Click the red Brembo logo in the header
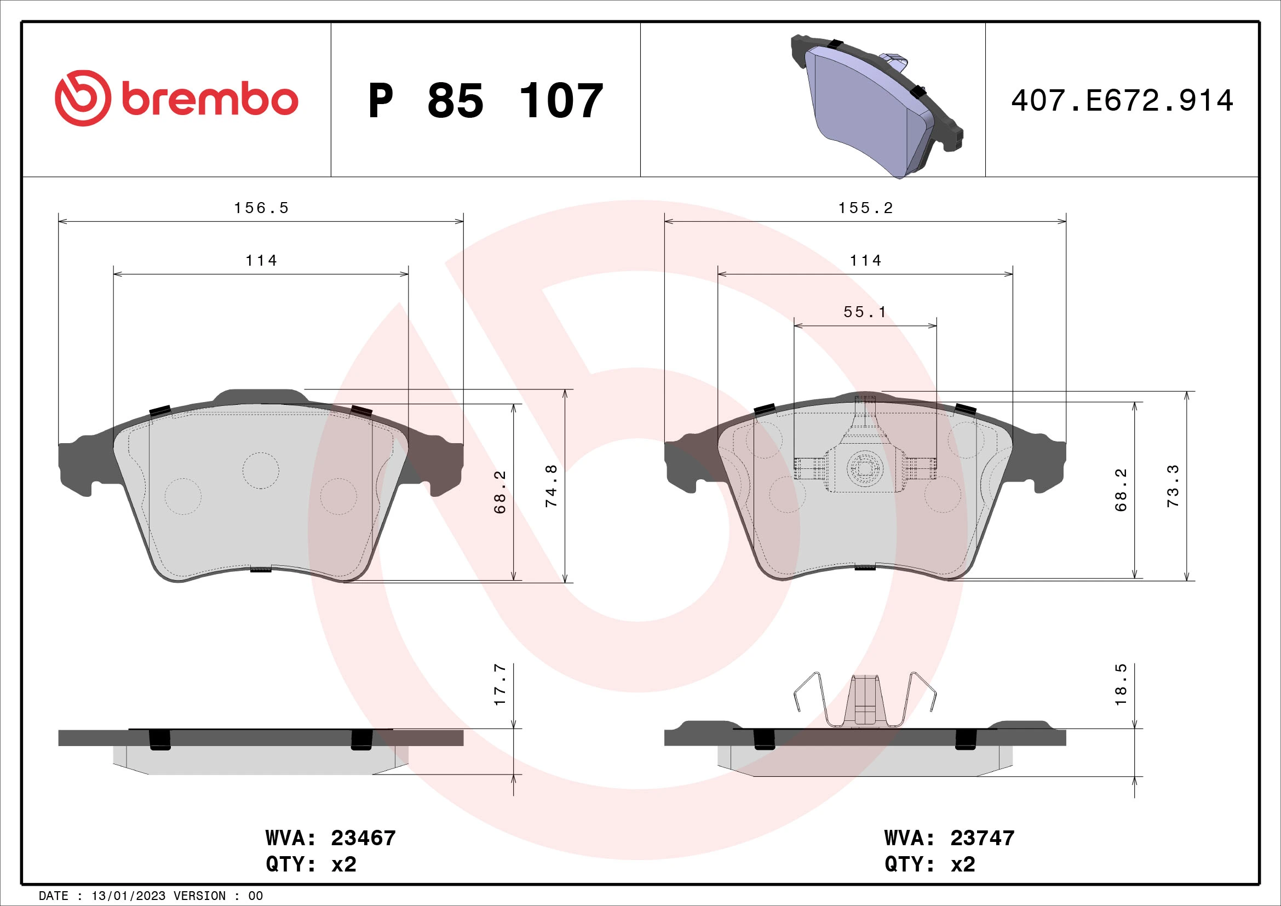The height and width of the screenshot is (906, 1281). click(x=176, y=99)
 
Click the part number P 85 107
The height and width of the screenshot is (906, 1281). click(x=485, y=101)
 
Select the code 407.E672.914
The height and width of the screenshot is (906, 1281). click(x=1122, y=101)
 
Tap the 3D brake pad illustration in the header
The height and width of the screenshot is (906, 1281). click(x=876, y=106)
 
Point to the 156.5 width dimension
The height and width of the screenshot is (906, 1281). click(x=261, y=208)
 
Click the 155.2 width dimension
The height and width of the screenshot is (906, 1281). click(x=865, y=208)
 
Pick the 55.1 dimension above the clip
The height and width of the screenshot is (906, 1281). click(x=864, y=312)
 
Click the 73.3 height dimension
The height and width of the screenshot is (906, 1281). click(x=1173, y=486)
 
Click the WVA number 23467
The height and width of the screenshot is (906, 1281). click(x=363, y=838)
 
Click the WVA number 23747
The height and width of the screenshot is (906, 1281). click(x=983, y=838)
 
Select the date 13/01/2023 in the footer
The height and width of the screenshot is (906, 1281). click(x=128, y=896)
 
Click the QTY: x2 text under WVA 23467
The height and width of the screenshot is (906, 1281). click(x=311, y=864)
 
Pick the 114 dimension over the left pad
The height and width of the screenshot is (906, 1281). click(x=261, y=261)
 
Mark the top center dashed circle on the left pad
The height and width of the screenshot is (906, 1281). click(x=261, y=470)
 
